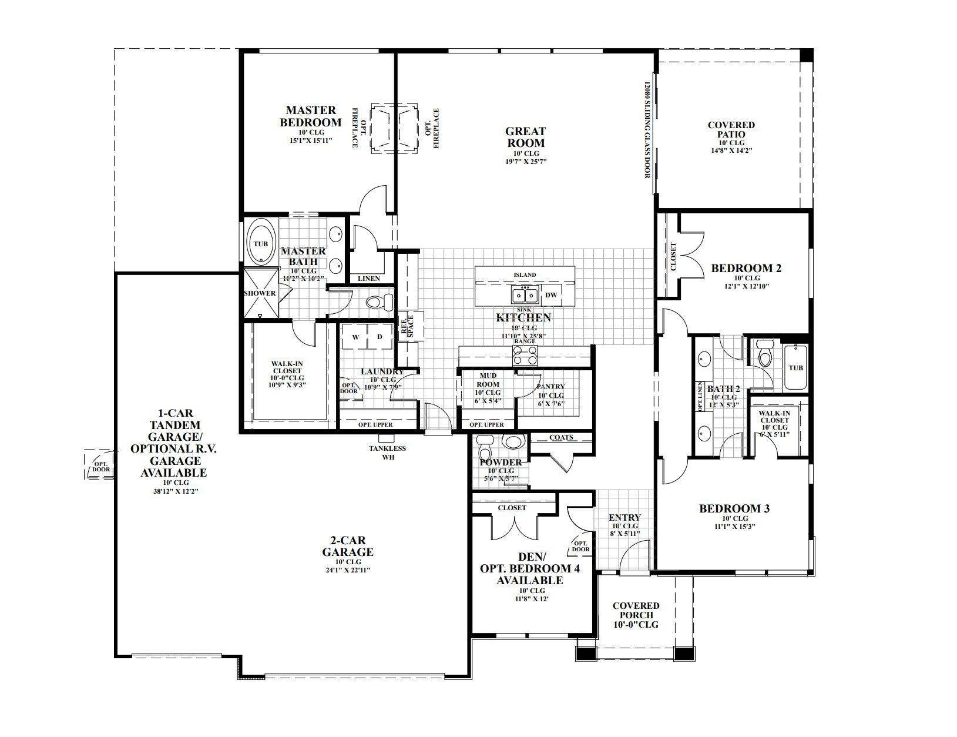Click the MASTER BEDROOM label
click(x=310, y=116)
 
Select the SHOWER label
click(x=260, y=293)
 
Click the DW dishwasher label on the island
click(x=550, y=295)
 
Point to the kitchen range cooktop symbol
click(x=525, y=354)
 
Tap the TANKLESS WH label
click(x=387, y=452)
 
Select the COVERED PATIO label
click(x=731, y=129)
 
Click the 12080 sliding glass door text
click(x=648, y=129)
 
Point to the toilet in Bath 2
click(x=764, y=354)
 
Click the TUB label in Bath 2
click(x=795, y=368)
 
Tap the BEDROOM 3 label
click(x=734, y=508)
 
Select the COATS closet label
click(x=561, y=437)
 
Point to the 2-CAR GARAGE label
click(x=347, y=546)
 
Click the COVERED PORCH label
click(x=636, y=610)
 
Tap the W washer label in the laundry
click(x=355, y=337)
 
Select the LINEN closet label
click(x=369, y=279)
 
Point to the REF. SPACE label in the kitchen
click(x=407, y=325)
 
